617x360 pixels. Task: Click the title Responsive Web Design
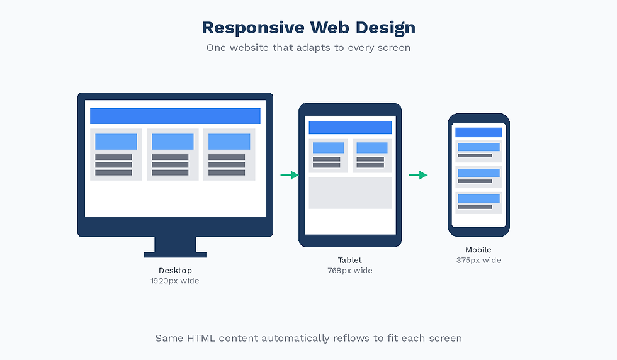coord(308,28)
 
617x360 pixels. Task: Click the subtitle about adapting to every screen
coord(308,48)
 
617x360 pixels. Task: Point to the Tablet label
coord(350,260)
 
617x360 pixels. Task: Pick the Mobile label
coord(478,250)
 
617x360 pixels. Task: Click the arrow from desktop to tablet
coord(290,175)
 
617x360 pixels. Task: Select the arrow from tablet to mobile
coord(418,175)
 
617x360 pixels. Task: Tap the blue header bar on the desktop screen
coord(175,116)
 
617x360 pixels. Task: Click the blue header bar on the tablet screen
coord(350,127)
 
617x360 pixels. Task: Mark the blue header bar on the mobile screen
coord(478,132)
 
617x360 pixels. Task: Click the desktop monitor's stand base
coord(175,254)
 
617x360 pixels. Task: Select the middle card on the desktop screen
coord(173,155)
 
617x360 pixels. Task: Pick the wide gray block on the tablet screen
coord(350,193)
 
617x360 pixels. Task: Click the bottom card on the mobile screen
coord(478,203)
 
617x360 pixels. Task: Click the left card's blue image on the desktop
coord(116,142)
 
